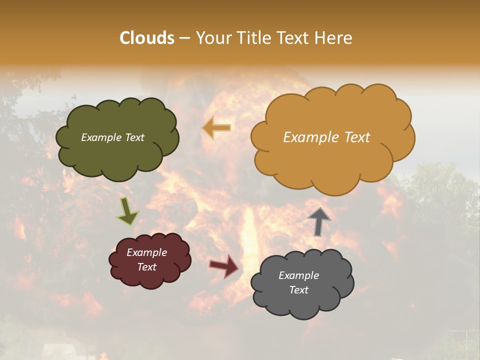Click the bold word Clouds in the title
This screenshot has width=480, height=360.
[x=147, y=38]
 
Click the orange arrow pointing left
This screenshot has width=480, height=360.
[x=217, y=128]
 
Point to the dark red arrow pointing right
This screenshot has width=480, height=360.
[x=224, y=265]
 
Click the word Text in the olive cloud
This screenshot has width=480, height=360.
[x=134, y=137]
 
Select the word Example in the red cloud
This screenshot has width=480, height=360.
[x=146, y=252]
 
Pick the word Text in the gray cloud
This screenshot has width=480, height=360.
[x=298, y=290]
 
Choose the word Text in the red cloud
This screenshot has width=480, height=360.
[x=146, y=267]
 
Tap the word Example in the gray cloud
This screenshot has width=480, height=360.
[x=298, y=275]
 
